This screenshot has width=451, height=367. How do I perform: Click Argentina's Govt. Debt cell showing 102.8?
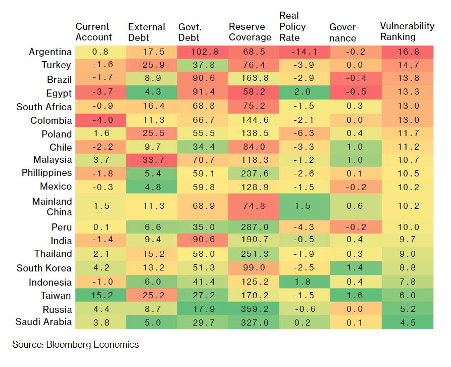click(x=203, y=52)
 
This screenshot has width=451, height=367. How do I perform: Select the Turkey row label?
click(x=56, y=65)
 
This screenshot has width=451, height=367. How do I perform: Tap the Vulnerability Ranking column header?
click(x=407, y=31)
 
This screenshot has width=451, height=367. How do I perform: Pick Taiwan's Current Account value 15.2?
click(x=101, y=295)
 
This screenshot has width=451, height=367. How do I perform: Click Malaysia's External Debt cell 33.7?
click(x=154, y=160)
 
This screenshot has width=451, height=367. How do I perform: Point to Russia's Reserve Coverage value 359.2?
click(x=255, y=309)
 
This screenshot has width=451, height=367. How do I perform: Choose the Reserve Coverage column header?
click(x=250, y=32)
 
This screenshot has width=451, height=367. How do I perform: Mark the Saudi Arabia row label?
click(x=43, y=322)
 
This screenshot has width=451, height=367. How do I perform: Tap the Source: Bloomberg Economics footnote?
click(x=75, y=345)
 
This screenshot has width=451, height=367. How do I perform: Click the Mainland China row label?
click(x=52, y=207)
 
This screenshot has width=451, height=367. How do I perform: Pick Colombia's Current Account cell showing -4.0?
click(x=103, y=120)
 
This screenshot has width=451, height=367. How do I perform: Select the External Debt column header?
click(x=146, y=32)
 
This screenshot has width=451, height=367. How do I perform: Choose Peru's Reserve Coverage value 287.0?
click(x=255, y=227)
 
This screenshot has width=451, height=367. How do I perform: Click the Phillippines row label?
click(x=46, y=173)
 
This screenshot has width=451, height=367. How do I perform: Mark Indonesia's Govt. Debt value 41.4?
click(x=204, y=282)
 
